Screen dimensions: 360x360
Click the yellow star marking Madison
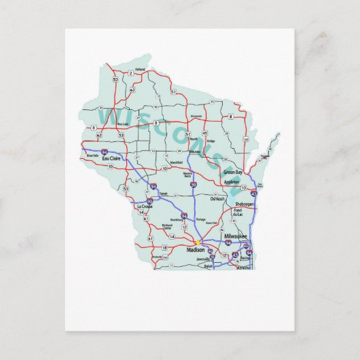point(197,242)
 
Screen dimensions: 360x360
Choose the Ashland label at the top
point(141,70)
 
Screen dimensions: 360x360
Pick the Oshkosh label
point(217,198)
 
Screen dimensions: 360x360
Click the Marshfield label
point(177,162)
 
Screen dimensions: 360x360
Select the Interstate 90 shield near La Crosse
point(149,201)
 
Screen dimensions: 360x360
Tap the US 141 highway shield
point(245,139)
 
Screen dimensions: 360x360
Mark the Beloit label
point(209,267)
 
